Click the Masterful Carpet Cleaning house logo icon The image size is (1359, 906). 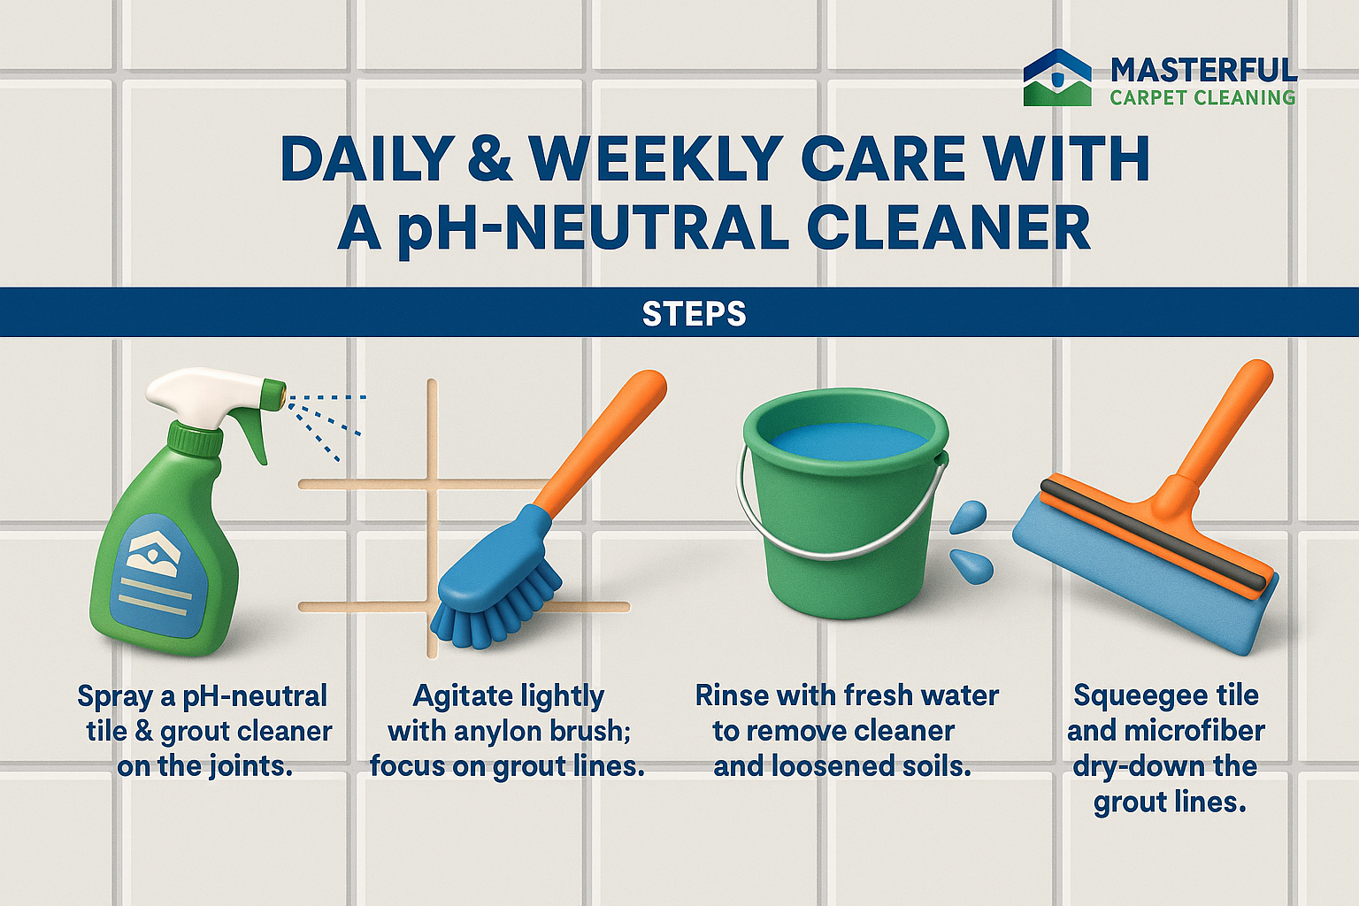click(1057, 78)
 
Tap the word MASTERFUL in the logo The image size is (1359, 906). click(1203, 71)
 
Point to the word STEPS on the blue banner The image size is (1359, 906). click(694, 314)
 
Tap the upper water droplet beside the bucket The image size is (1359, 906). click(968, 517)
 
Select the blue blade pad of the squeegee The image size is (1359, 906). click(1140, 581)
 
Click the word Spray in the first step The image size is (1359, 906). click(115, 696)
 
